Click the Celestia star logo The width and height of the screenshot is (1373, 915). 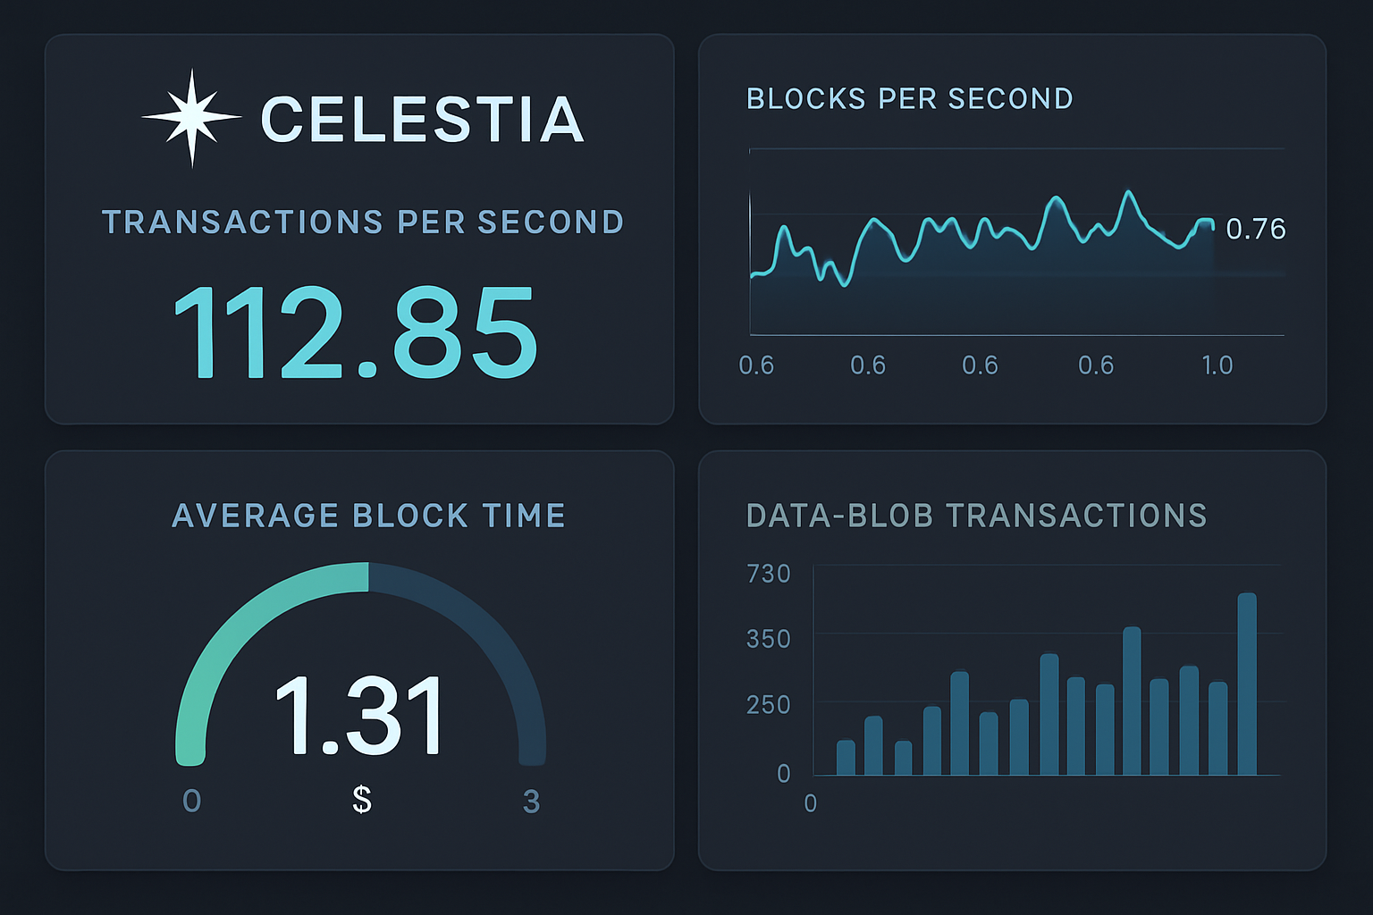191,118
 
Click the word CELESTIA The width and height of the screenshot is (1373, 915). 422,120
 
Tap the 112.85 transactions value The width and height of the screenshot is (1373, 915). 355,333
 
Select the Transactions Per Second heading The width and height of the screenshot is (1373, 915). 363,222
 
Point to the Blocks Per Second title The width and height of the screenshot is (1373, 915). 909,98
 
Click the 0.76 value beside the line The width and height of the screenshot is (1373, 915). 1255,229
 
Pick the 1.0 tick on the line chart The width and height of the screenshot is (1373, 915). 1217,365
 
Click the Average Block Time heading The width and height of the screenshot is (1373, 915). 368,516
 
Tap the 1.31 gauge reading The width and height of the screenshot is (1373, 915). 359,716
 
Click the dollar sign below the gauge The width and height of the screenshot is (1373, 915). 362,799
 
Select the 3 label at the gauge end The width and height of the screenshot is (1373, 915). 531,802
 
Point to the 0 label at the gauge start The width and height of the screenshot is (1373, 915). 191,801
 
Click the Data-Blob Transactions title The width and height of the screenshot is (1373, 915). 976,516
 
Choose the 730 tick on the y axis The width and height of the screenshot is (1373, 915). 768,573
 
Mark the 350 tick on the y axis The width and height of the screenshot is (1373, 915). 768,639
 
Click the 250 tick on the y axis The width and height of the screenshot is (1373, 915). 768,704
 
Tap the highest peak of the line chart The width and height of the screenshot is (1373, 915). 1129,192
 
